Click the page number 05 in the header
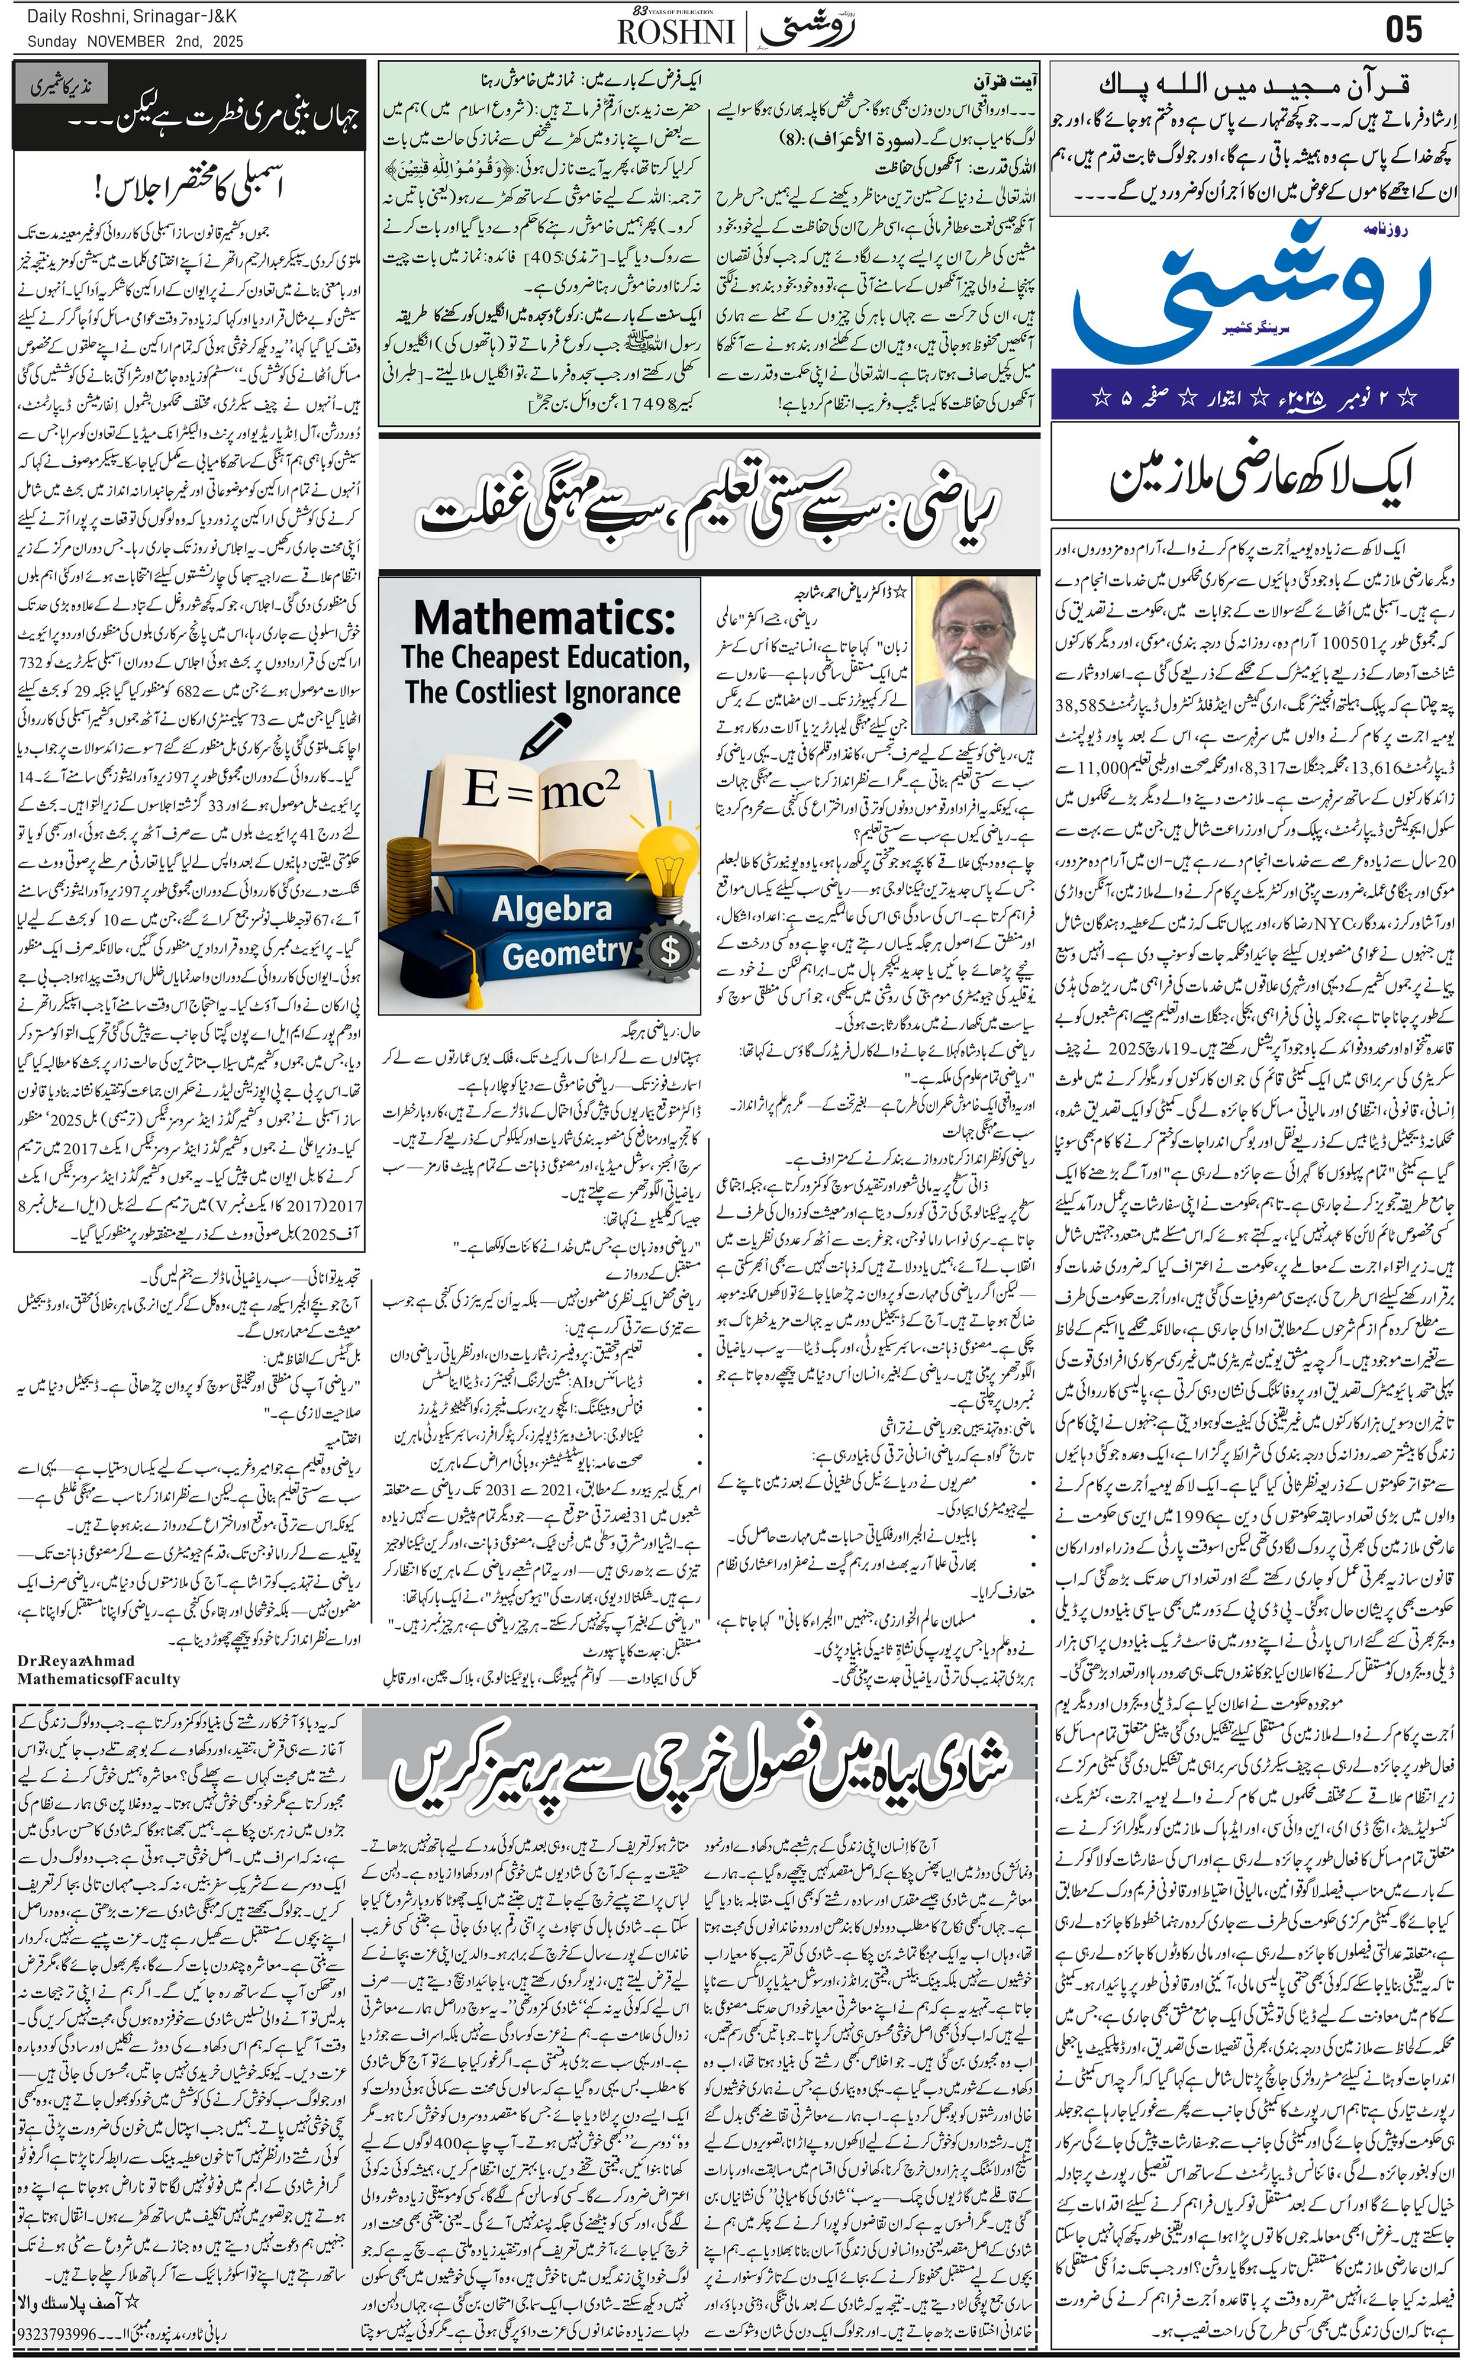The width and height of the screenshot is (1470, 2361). click(x=1403, y=28)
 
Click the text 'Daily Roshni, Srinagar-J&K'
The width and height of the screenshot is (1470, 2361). click(x=131, y=18)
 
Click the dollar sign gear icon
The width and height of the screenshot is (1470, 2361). click(x=670, y=950)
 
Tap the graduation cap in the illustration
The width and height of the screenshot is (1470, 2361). click(x=448, y=948)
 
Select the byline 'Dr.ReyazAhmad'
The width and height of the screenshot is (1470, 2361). click(x=76, y=1660)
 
